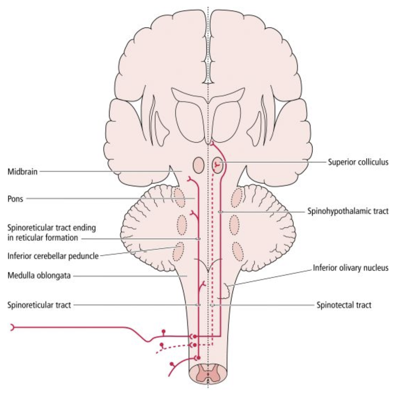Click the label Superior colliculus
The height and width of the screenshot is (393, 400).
[x=358, y=162]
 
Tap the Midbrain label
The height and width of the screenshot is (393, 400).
[x=22, y=172]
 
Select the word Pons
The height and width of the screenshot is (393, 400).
[x=15, y=199]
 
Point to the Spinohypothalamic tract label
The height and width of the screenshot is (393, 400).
[x=348, y=211]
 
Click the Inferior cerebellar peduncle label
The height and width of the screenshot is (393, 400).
[x=53, y=255]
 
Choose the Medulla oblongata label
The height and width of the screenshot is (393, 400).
[x=39, y=276]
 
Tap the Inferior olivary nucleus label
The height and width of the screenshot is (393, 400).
[x=350, y=267]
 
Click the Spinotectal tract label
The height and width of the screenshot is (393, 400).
[x=344, y=305]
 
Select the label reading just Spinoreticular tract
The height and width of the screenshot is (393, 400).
[x=39, y=305]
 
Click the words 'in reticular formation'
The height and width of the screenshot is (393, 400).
[x=42, y=238]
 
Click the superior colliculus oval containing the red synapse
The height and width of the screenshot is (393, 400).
[x=217, y=165]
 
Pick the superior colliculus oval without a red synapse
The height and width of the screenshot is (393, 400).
[x=199, y=165]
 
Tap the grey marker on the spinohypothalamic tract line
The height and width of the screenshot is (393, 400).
[x=221, y=212]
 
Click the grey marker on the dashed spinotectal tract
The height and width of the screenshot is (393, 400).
[x=212, y=306]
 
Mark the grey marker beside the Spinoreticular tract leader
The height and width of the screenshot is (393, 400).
[x=198, y=305]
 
